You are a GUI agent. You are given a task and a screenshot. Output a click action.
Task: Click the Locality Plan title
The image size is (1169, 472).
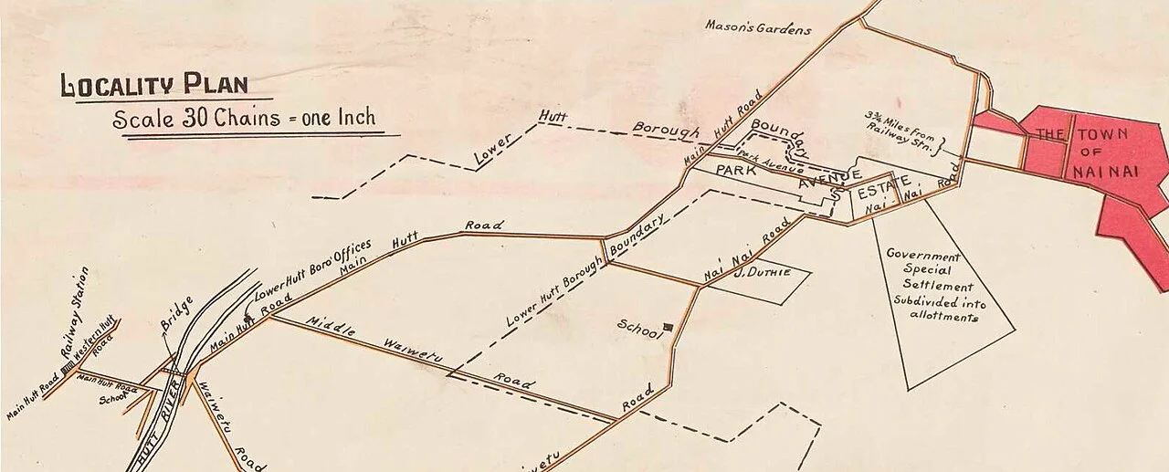click(153, 85)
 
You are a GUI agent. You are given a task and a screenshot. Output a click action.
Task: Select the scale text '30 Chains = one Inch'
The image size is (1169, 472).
click(244, 119)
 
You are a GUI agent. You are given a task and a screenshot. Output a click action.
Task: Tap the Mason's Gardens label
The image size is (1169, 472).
click(757, 27)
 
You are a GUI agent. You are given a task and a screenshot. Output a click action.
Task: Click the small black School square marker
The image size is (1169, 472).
click(669, 325)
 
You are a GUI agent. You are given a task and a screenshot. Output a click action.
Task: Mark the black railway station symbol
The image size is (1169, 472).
click(67, 369)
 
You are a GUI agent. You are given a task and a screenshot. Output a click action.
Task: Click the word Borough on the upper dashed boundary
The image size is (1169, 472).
click(666, 131)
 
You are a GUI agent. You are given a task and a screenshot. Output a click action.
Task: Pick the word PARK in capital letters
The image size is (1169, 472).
click(737, 171)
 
